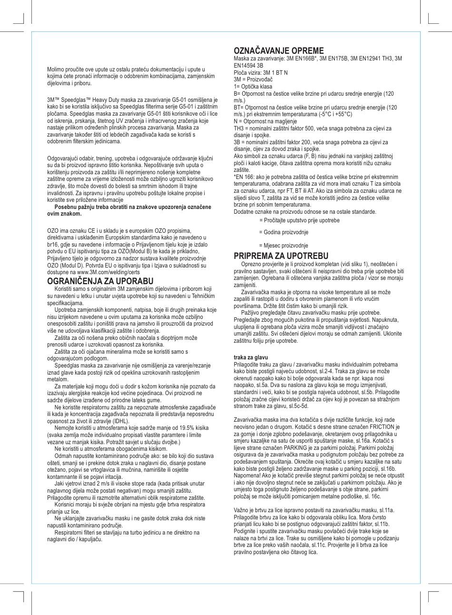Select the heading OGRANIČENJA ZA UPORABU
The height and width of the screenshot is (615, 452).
pos(100,281)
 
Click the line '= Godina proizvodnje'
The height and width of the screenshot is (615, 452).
pos(284,232)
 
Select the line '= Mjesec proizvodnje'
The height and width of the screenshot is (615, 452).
pos(284,246)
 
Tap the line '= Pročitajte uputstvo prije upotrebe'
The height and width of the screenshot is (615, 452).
pos(299,220)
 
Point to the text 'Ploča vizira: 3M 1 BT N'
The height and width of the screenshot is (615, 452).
pos(261,72)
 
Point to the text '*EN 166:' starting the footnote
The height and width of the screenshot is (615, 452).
pos(244,177)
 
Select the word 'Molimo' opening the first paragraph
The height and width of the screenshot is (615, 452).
pos(55,69)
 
